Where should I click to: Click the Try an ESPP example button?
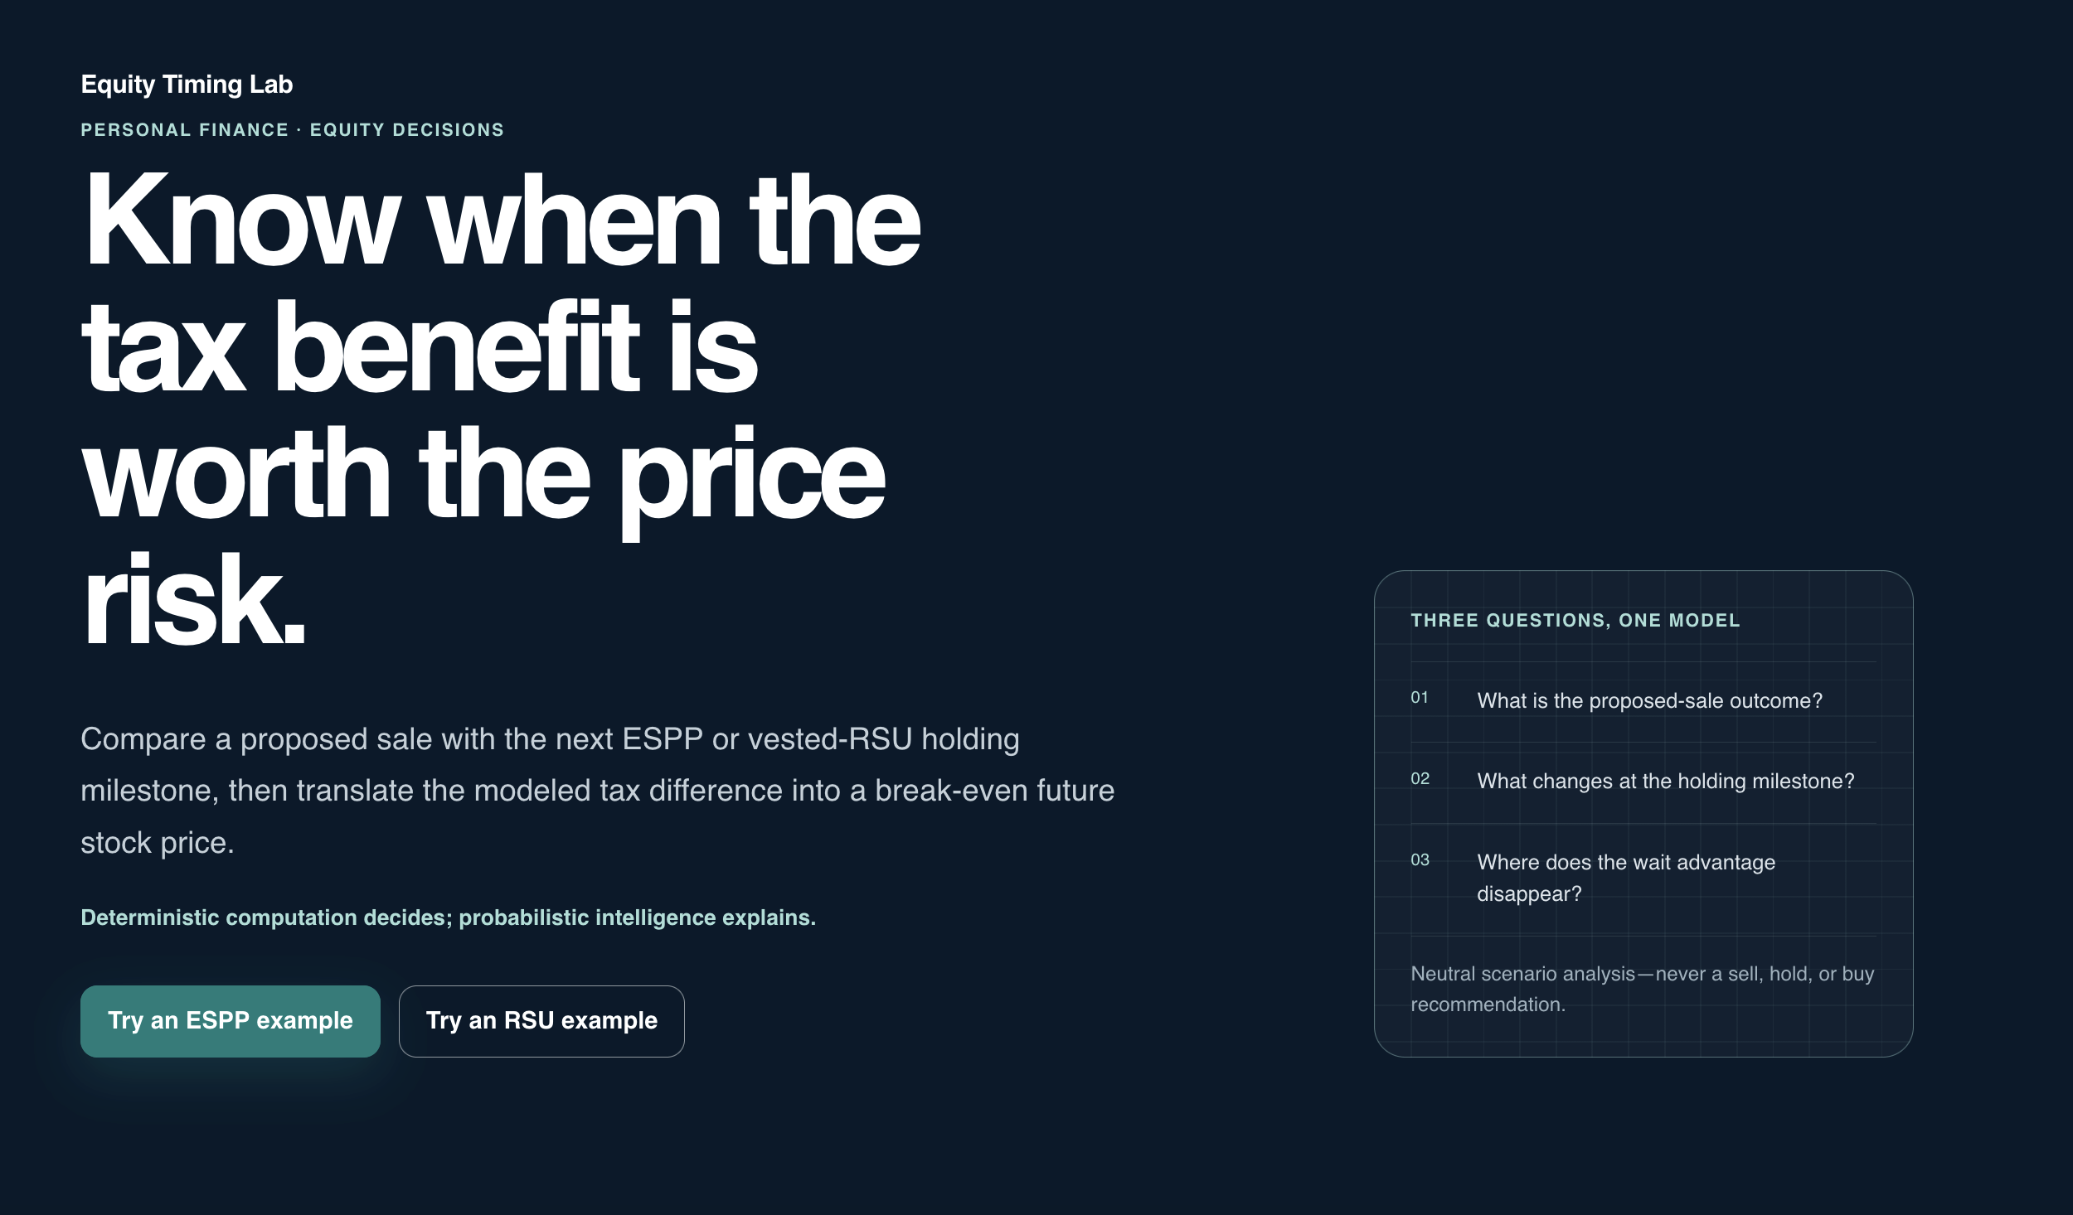(230, 1021)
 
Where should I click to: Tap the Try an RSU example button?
(541, 1021)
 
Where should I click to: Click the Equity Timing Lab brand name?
(187, 85)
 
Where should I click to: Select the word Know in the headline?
(241, 219)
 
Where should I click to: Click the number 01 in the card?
(1420, 698)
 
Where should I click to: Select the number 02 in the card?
(1420, 779)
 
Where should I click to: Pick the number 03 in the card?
(1420, 860)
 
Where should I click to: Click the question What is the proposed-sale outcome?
(1650, 701)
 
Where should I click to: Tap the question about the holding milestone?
(1666, 782)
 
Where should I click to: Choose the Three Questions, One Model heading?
(1575, 621)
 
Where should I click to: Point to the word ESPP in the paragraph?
(663, 739)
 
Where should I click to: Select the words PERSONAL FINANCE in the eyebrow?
(185, 130)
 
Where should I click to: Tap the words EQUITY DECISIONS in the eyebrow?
(407, 130)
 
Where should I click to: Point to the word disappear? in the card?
(1530, 894)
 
